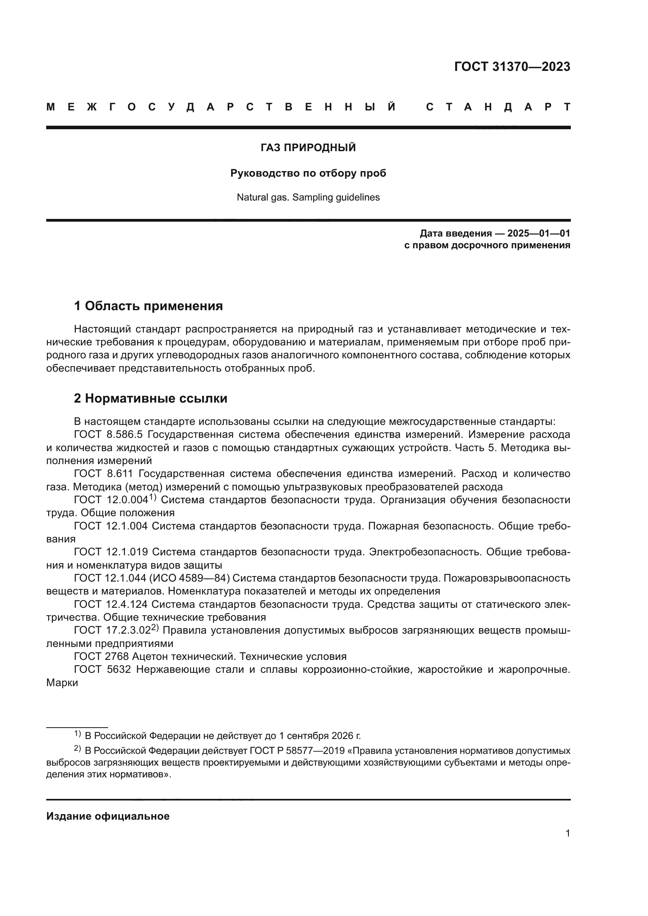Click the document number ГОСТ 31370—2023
[x=512, y=67]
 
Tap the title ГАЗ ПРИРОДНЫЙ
[x=308, y=148]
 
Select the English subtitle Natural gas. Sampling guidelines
[x=308, y=197]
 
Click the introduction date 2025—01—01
[x=538, y=233]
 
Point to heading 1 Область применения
[x=148, y=306]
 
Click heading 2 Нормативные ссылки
[x=150, y=398]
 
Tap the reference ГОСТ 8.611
[x=103, y=473]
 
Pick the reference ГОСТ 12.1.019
[x=110, y=552]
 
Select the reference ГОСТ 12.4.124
[x=110, y=604]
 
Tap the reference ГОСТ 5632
[x=102, y=669]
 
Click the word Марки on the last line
[x=62, y=683]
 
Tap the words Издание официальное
[x=108, y=816]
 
